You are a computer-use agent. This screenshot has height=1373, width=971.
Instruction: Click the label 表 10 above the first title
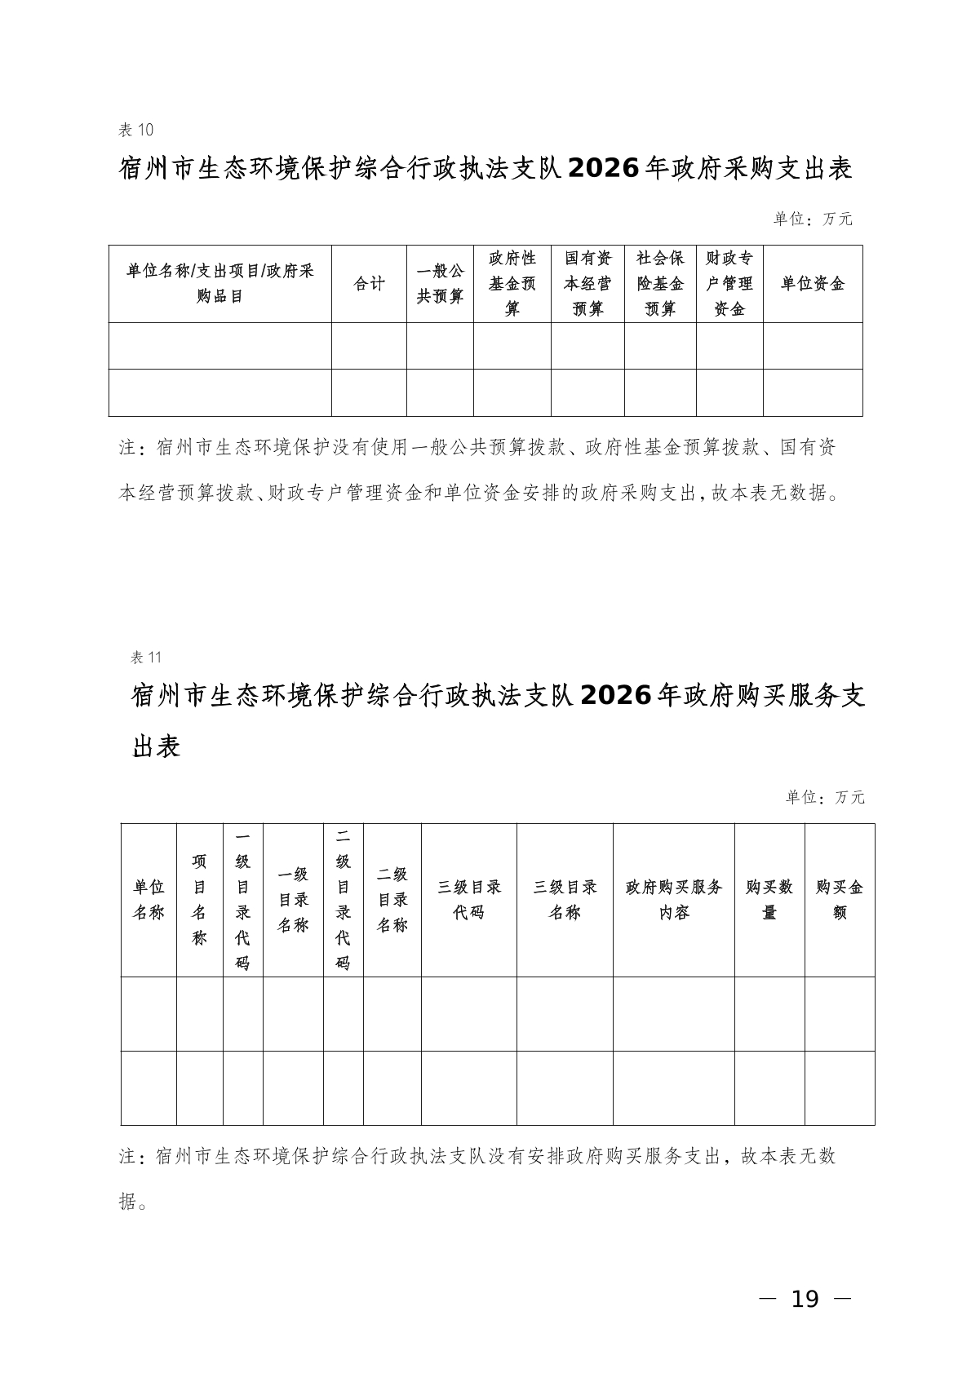136,130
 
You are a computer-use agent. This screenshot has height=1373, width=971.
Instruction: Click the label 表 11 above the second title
148,658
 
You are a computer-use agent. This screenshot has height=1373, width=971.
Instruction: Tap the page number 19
805,1298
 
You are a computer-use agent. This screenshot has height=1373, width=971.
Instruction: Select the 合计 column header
369,284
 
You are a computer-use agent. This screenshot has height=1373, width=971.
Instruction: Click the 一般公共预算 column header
440,284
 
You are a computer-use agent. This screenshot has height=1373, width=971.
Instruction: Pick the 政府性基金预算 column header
512,284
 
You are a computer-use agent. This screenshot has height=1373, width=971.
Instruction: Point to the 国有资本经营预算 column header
587,284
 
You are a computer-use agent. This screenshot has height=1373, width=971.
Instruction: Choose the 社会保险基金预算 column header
660,284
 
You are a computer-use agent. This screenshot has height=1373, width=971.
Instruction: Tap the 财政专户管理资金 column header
729,284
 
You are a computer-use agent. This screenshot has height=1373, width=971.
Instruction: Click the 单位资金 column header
813,284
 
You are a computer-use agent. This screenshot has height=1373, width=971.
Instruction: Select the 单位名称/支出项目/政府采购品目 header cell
220,284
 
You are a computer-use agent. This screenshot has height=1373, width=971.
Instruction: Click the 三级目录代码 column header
469,900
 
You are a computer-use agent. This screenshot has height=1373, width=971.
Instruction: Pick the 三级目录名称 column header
565,900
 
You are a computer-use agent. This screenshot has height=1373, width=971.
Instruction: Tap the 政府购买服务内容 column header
674,900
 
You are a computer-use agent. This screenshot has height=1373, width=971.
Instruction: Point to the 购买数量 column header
769,900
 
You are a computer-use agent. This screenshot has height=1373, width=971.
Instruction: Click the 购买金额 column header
840,900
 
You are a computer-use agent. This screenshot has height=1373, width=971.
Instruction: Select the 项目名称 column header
200,900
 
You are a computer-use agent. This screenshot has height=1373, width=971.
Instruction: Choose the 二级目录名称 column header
392,900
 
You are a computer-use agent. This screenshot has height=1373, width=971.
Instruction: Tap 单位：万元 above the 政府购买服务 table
825,797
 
